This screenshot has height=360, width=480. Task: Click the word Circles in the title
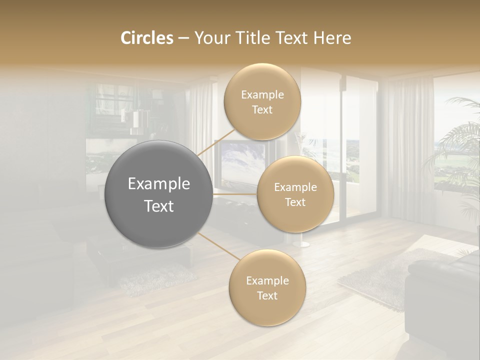point(146,37)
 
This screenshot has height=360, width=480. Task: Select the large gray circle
point(158,194)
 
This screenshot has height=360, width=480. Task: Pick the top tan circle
point(262,101)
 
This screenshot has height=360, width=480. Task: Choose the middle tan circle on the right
point(295,194)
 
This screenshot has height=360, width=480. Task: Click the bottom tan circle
point(267,287)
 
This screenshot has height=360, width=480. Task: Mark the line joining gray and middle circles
point(235,194)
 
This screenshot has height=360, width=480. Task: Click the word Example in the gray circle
point(158,184)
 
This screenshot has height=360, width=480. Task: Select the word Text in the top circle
point(262,109)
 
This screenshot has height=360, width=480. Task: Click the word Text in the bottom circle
point(267,295)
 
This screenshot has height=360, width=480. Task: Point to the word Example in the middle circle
point(295,187)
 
